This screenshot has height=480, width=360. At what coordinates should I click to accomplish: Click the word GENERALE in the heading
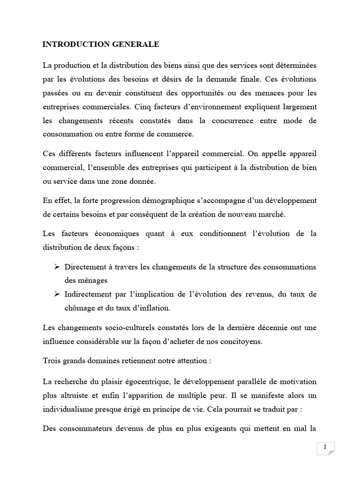(x=136, y=45)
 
